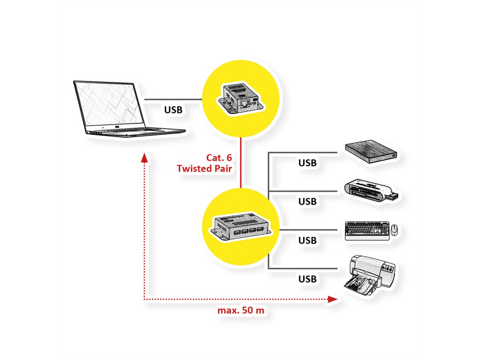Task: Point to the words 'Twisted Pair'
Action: [x=205, y=168]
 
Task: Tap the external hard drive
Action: [x=372, y=152]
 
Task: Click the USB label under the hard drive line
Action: [x=307, y=163]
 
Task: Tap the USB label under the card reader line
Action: [x=307, y=201]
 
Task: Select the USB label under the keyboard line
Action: [x=307, y=240]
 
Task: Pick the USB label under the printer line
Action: [x=307, y=279]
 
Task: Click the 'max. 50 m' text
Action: [x=241, y=310]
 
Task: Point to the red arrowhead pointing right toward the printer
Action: [x=332, y=299]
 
